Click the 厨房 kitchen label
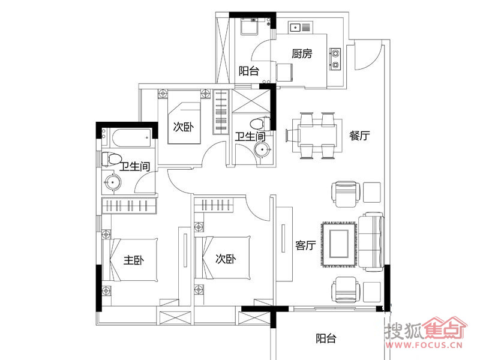pyautogui.click(x=302, y=54)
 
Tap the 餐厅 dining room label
pyautogui.click(x=359, y=136)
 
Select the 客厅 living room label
pyautogui.click(x=305, y=245)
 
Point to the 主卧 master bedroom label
pyautogui.click(x=134, y=260)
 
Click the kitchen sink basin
pyautogui.click(x=295, y=28)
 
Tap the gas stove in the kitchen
pyautogui.click(x=335, y=59)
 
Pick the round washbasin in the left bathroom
pyautogui.click(x=113, y=182)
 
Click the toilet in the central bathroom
pyautogui.click(x=260, y=124)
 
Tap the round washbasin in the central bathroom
pyautogui.click(x=263, y=150)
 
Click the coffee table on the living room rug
pyautogui.click(x=339, y=244)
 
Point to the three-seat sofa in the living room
pyautogui.click(x=371, y=242)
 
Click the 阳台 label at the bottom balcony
pyautogui.click(x=326, y=338)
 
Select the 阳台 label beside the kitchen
pyautogui.click(x=249, y=71)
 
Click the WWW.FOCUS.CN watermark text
pyautogui.click(x=424, y=345)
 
